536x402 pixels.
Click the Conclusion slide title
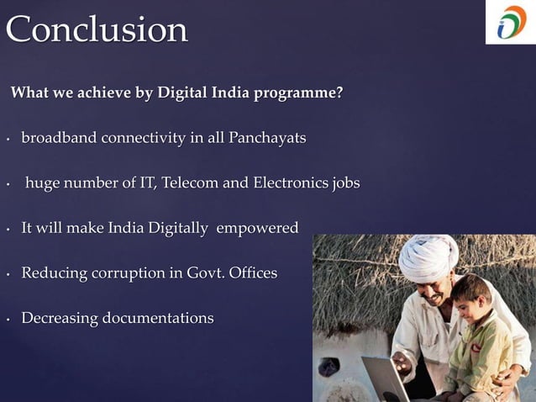[x=97, y=30]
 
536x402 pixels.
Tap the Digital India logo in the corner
[x=511, y=23]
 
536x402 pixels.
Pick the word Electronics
[x=287, y=182]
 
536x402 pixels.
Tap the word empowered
[x=257, y=228]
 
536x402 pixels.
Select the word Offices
[x=250, y=273]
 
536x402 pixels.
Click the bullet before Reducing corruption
[x=8, y=274]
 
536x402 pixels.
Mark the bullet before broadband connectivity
[x=8, y=138]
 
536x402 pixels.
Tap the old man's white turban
[x=428, y=257]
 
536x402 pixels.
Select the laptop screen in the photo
[x=382, y=379]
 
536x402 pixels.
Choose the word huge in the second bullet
[x=43, y=183]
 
